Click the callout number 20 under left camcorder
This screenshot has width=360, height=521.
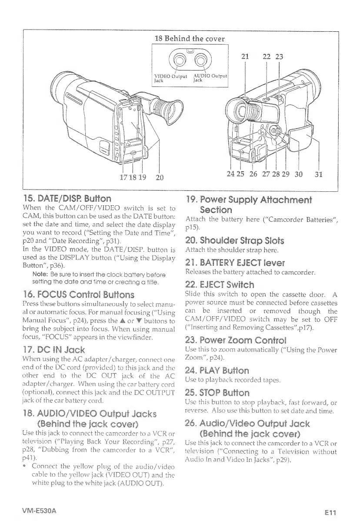click(x=160, y=177)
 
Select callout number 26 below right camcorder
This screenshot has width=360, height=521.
click(x=252, y=175)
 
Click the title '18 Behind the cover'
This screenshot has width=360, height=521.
click(x=190, y=39)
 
